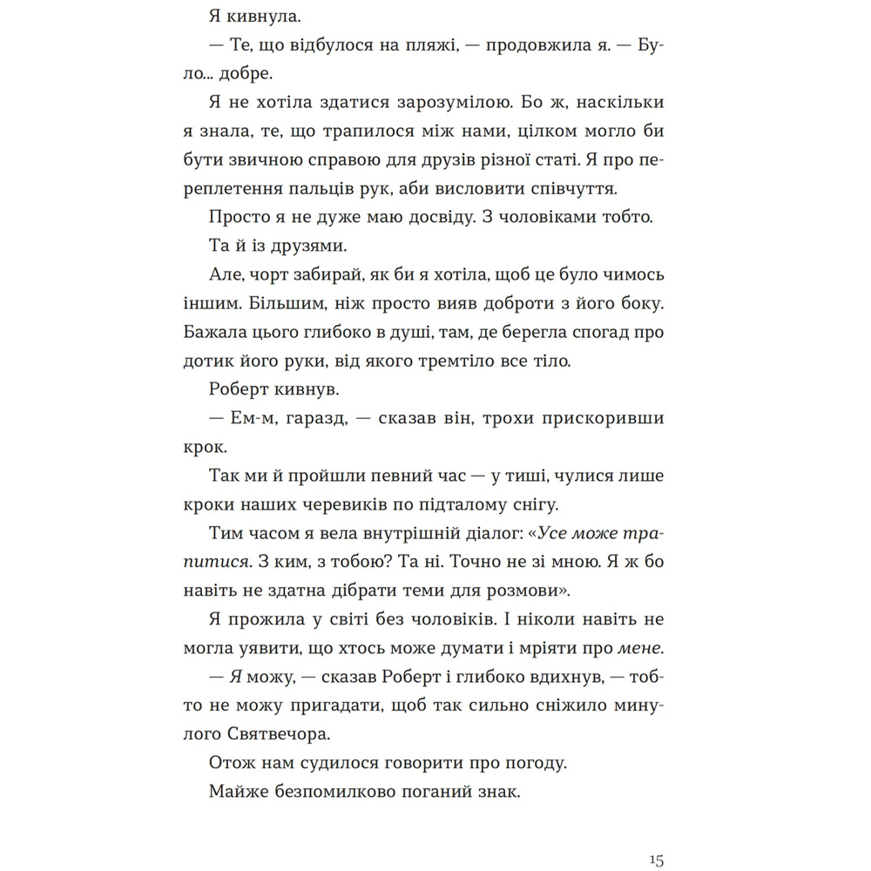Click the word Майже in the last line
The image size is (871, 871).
point(240,792)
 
